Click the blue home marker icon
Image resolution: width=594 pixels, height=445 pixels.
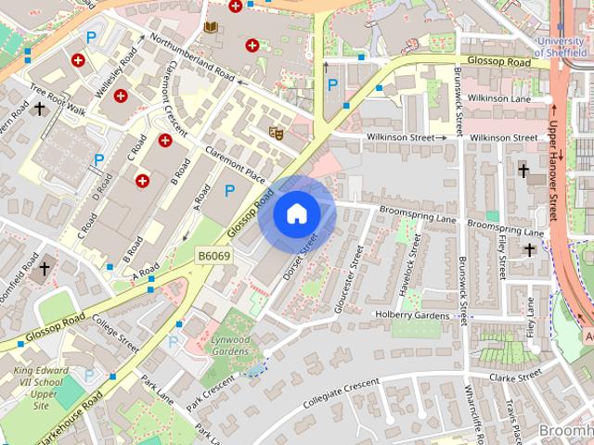(x=296, y=213)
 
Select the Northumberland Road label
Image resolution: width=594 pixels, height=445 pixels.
(x=193, y=53)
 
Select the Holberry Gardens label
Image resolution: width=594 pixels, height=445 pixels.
(x=411, y=315)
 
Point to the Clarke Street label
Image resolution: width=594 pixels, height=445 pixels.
(x=517, y=377)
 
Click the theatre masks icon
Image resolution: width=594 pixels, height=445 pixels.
(x=276, y=132)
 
